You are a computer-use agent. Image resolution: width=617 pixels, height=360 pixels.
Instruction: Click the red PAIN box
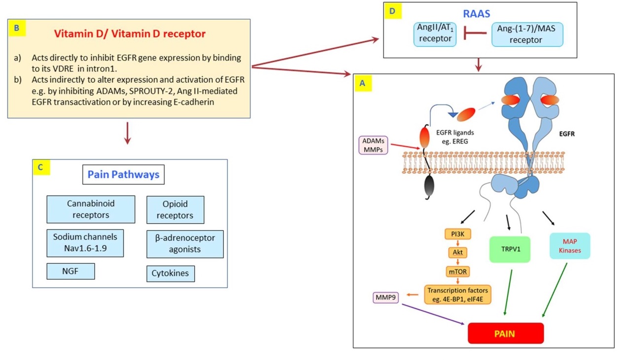click(x=505, y=333)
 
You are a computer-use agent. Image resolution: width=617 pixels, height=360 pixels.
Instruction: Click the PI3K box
click(x=456, y=234)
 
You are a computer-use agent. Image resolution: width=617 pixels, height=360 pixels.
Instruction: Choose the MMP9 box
click(x=386, y=297)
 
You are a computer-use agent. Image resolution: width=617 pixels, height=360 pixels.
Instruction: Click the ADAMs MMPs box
click(x=373, y=146)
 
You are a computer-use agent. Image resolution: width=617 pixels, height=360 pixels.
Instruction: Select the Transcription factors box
click(x=458, y=294)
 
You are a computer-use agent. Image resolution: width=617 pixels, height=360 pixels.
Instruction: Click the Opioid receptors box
click(x=175, y=210)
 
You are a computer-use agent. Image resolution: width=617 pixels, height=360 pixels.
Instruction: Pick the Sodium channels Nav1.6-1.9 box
click(x=85, y=243)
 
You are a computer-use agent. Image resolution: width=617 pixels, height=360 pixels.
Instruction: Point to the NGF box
click(x=70, y=271)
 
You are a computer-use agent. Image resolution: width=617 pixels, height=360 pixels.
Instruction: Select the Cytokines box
click(x=171, y=273)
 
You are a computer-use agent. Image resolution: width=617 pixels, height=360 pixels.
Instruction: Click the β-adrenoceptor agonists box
click(x=185, y=243)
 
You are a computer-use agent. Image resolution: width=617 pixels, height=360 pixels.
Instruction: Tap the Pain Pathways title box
click(x=124, y=174)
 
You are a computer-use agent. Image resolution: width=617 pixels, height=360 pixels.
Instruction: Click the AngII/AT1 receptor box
click(x=433, y=34)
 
